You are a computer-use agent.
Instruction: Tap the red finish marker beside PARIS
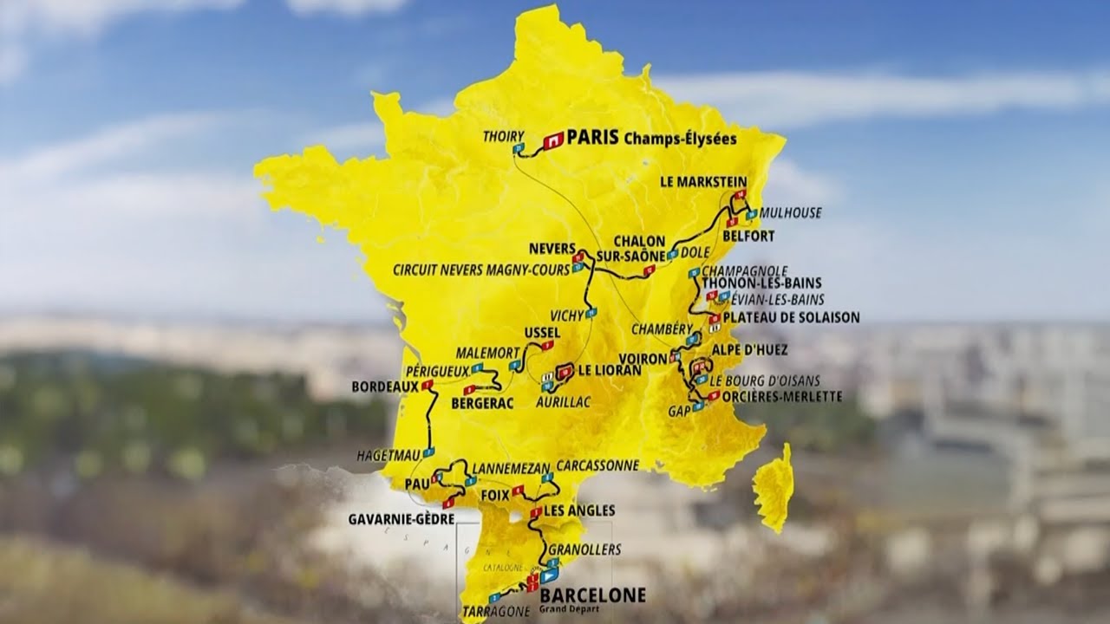[x=553, y=139]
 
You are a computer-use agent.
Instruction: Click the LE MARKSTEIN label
[x=703, y=182]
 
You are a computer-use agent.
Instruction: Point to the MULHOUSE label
[x=790, y=212]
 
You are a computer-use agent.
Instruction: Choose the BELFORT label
[x=748, y=236]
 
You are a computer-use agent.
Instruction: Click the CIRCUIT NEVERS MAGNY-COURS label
[x=481, y=270]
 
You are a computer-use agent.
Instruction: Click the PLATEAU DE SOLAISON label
[x=791, y=317]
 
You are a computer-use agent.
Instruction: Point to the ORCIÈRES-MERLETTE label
[x=781, y=396]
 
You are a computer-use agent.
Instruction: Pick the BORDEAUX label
[x=379, y=387]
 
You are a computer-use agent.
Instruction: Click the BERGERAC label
[x=482, y=403]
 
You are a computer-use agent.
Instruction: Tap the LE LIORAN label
[x=610, y=370]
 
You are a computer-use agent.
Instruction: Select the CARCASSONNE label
[x=597, y=465]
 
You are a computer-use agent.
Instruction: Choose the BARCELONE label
[x=592, y=595]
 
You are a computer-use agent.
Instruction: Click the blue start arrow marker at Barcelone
[x=548, y=575]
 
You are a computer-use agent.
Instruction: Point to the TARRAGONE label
[x=497, y=611]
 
